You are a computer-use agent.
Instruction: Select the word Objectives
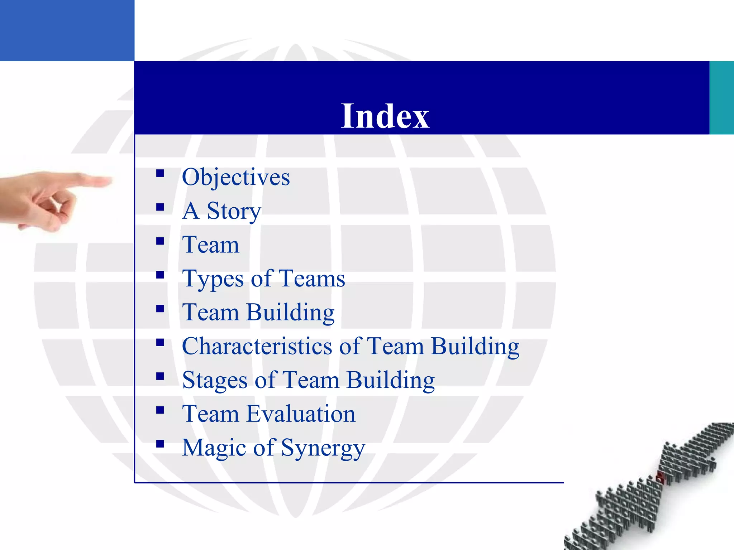(236, 177)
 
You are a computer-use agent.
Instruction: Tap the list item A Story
(221, 211)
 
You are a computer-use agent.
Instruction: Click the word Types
(214, 279)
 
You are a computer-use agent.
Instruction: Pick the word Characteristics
(257, 346)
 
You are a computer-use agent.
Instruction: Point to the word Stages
(215, 380)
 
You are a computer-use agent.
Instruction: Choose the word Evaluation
(301, 414)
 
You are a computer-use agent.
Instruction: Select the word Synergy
(323, 448)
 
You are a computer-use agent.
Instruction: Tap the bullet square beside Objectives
(160, 174)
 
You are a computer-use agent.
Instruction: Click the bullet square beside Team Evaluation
(160, 410)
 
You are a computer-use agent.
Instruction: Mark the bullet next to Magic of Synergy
(160, 444)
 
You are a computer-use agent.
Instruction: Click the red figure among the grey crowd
(660, 477)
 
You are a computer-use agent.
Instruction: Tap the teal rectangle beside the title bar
(721, 98)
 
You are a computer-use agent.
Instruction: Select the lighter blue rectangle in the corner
(67, 30)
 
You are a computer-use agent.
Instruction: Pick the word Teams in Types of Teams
(311, 279)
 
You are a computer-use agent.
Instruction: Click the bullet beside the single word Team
(160, 241)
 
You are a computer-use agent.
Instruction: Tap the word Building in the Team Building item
(290, 312)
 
